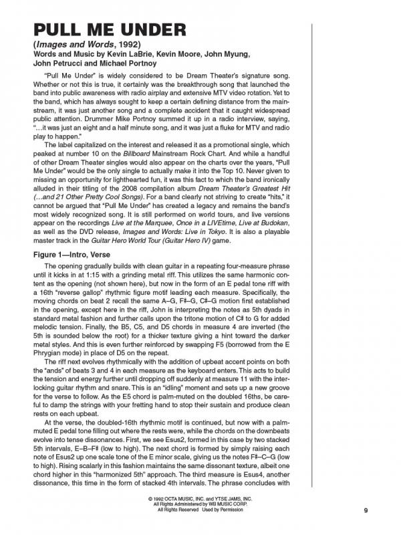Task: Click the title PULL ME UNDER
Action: click(x=101, y=31)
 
